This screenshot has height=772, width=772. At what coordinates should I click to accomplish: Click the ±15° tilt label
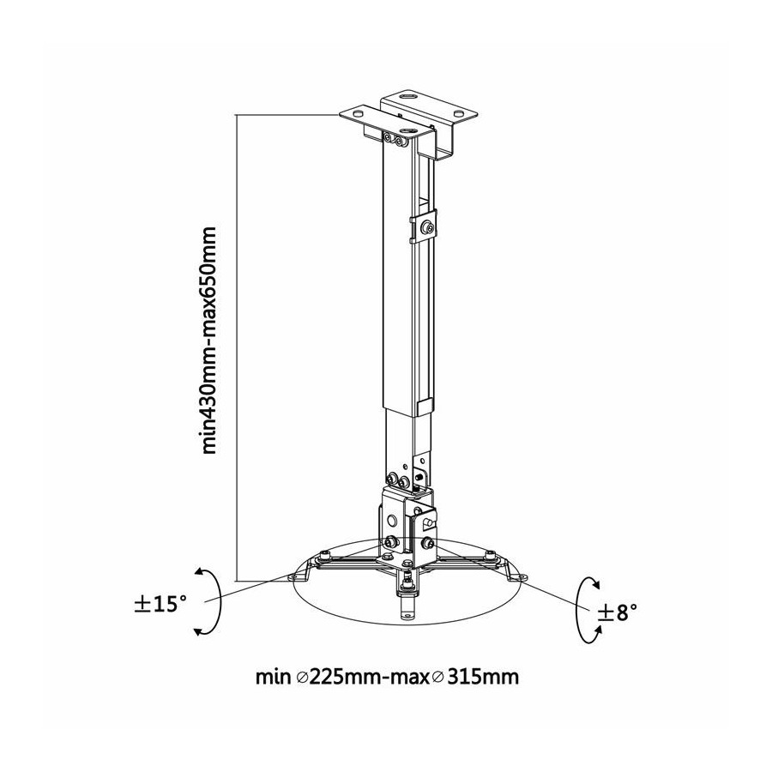[x=160, y=604]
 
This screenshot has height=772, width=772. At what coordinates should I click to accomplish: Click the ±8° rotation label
[x=618, y=612]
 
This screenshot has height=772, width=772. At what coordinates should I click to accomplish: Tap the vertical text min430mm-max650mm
[x=208, y=340]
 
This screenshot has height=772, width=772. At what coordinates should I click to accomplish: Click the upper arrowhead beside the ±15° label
[x=200, y=572]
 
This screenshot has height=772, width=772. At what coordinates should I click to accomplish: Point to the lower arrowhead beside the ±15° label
[x=199, y=630]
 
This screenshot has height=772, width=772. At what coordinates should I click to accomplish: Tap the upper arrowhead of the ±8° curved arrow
[x=596, y=584]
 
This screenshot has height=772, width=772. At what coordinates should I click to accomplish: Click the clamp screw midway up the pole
[x=427, y=227]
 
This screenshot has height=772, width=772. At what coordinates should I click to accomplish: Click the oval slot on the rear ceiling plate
[x=409, y=97]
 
